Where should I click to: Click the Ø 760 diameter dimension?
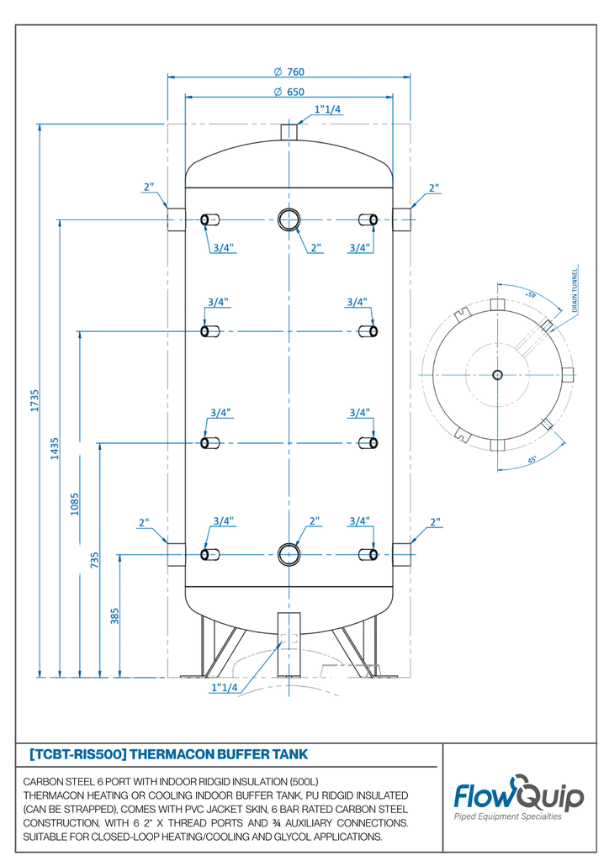click(x=289, y=71)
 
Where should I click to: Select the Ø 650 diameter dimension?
click(x=289, y=92)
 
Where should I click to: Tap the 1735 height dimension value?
click(x=34, y=399)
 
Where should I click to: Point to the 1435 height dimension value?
click(x=54, y=449)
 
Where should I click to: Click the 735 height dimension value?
click(x=94, y=559)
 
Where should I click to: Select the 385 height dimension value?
click(x=114, y=616)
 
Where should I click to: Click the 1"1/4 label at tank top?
click(x=327, y=109)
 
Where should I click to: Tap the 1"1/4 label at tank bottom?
click(x=224, y=688)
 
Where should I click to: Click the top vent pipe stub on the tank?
click(x=289, y=133)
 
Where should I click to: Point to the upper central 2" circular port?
click(x=289, y=219)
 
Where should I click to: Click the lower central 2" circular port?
click(x=289, y=553)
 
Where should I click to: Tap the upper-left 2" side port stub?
click(x=175, y=219)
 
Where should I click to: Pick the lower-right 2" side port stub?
click(x=402, y=554)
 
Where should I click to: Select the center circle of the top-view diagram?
click(x=497, y=374)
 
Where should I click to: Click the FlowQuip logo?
click(x=518, y=797)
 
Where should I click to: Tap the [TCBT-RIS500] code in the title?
click(x=77, y=753)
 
